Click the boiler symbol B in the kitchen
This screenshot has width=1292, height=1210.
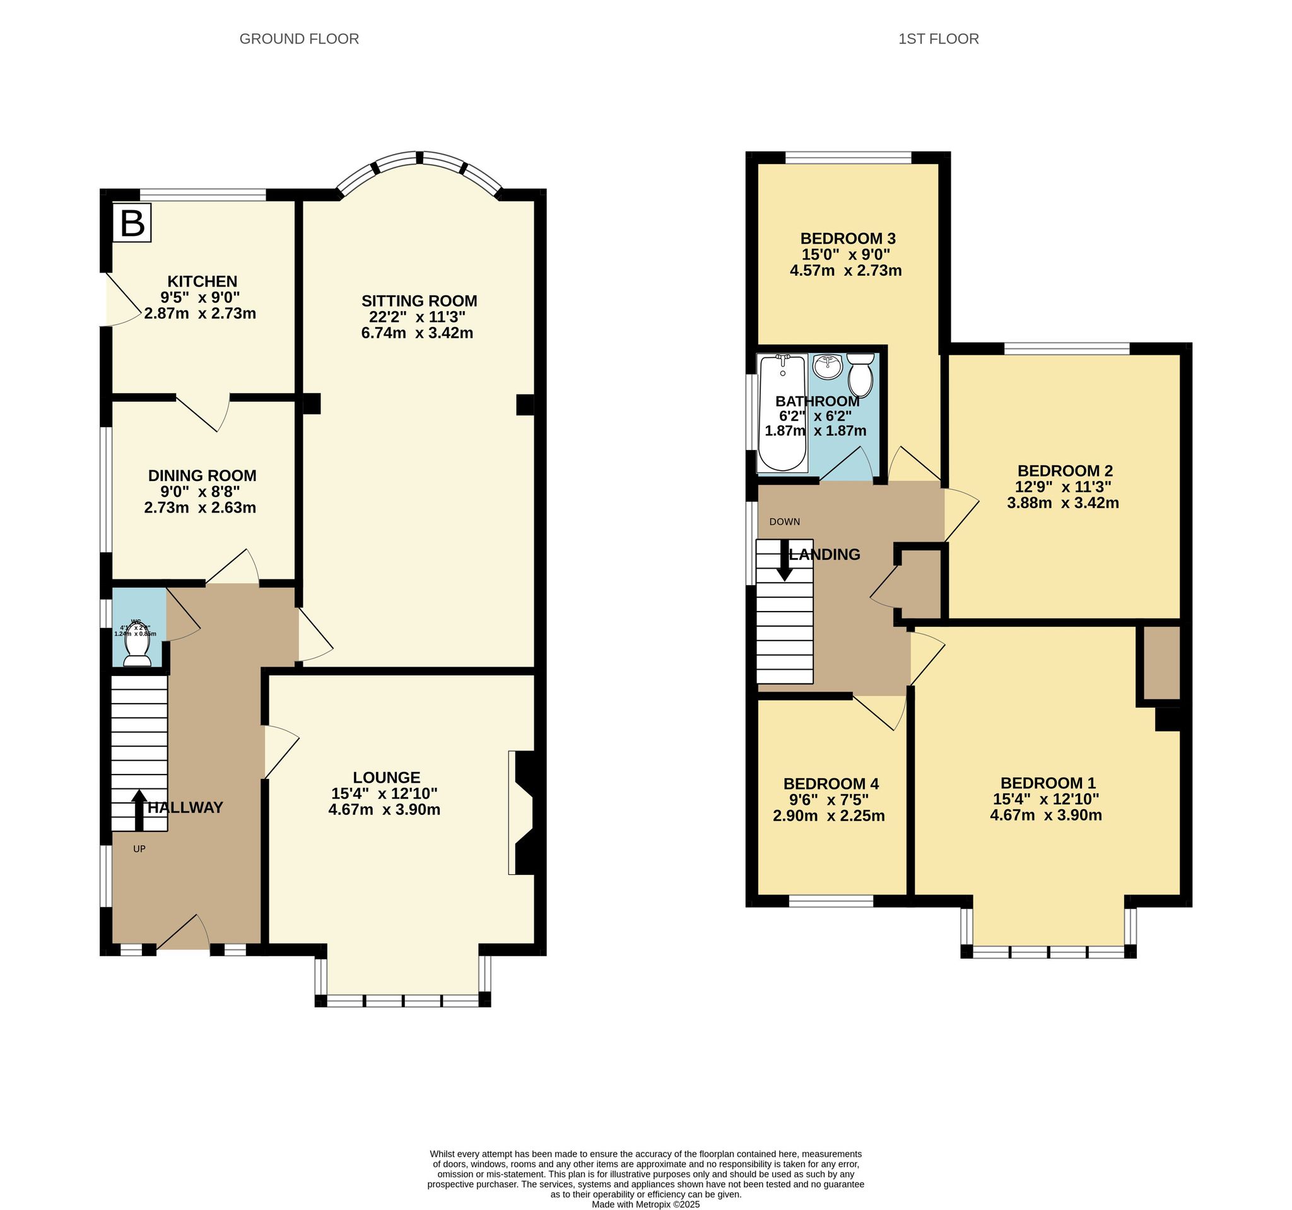(x=132, y=223)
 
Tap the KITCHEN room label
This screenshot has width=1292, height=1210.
(x=202, y=282)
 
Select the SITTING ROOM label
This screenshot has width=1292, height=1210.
(x=419, y=301)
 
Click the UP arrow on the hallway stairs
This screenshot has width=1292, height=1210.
(x=138, y=809)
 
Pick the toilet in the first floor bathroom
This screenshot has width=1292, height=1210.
(x=861, y=374)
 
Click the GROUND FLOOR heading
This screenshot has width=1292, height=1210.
(x=299, y=39)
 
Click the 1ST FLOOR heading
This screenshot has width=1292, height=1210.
(x=938, y=39)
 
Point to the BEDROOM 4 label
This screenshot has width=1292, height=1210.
(x=831, y=783)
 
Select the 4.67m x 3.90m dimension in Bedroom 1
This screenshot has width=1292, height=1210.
(x=1045, y=816)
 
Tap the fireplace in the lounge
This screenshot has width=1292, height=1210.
(x=522, y=813)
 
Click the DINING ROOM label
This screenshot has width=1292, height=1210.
(x=202, y=475)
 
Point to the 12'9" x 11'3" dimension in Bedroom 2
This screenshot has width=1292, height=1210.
(x=1063, y=487)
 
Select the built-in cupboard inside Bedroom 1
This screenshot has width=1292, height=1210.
(x=1161, y=663)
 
